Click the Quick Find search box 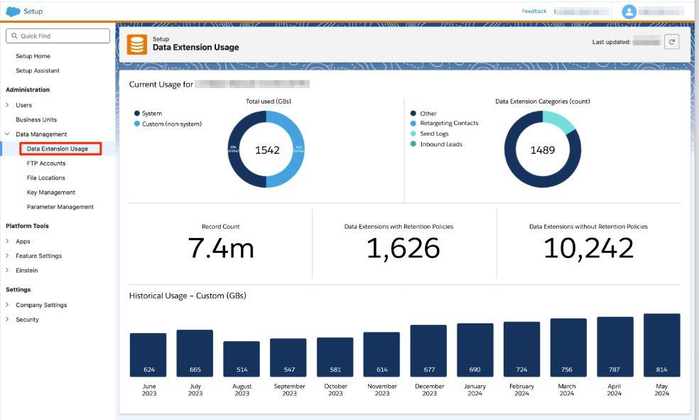(58, 36)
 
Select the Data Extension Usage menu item (58, 149)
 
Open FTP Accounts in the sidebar (46, 163)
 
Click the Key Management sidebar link (50, 193)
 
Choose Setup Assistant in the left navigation (38, 70)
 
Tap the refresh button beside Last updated (672, 42)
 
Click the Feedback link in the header (534, 11)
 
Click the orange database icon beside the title (137, 44)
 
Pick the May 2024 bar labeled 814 (661, 345)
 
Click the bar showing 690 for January (475, 350)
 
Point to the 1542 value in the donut (267, 150)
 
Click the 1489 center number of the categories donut (543, 150)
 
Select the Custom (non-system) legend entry (171, 124)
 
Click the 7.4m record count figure (221, 248)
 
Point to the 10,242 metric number (588, 248)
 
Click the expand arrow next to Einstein (8, 271)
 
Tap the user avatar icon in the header (629, 11)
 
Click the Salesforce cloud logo (13, 11)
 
